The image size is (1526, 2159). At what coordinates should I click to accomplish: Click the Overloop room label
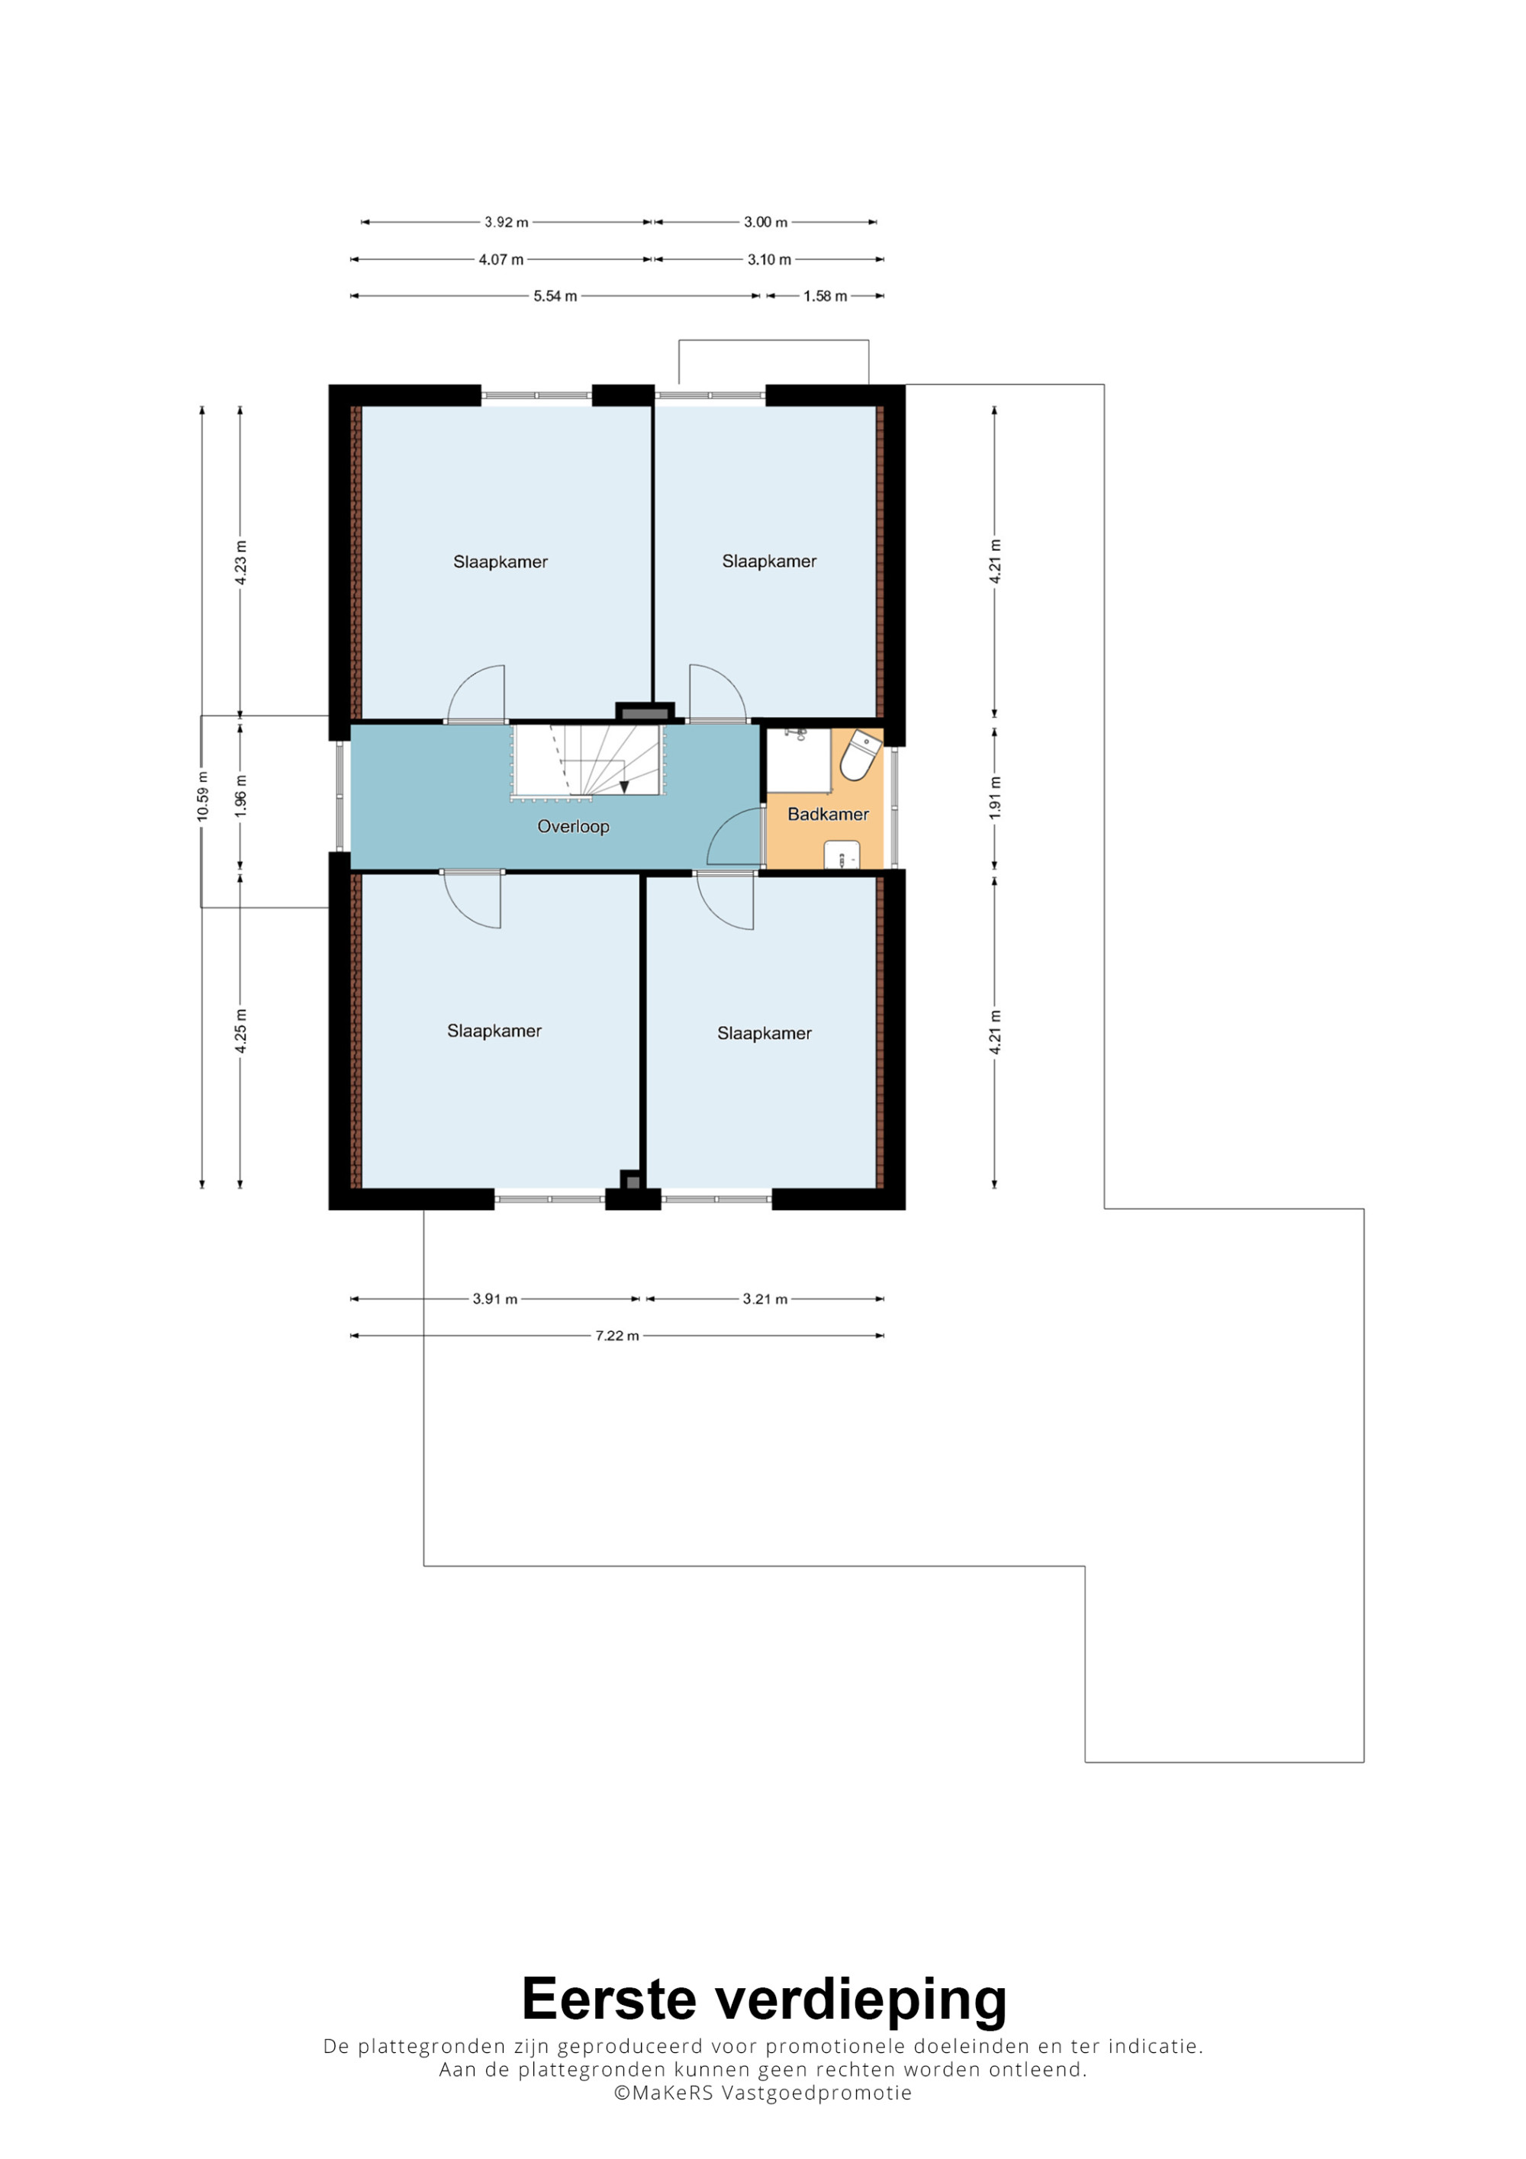(x=572, y=826)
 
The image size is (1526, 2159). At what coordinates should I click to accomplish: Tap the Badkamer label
(x=827, y=814)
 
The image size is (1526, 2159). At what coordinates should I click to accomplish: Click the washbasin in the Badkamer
(x=842, y=856)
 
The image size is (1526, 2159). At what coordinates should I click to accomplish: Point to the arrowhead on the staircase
(x=623, y=786)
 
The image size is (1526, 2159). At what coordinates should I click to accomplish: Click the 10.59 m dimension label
(x=202, y=796)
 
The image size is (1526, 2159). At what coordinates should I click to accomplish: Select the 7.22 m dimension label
(x=617, y=1335)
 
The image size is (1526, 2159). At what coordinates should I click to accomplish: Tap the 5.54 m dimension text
(x=555, y=296)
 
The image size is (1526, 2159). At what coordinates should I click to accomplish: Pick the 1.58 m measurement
(x=825, y=296)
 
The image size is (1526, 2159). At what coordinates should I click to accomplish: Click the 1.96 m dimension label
(x=240, y=796)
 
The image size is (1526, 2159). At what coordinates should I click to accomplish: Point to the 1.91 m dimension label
(x=995, y=797)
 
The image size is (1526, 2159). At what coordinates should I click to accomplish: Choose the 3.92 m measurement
(x=506, y=222)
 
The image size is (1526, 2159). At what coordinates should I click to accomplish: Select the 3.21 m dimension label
(x=765, y=1298)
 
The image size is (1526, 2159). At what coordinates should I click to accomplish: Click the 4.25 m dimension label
(x=240, y=1031)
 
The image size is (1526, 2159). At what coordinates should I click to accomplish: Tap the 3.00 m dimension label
(x=765, y=222)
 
